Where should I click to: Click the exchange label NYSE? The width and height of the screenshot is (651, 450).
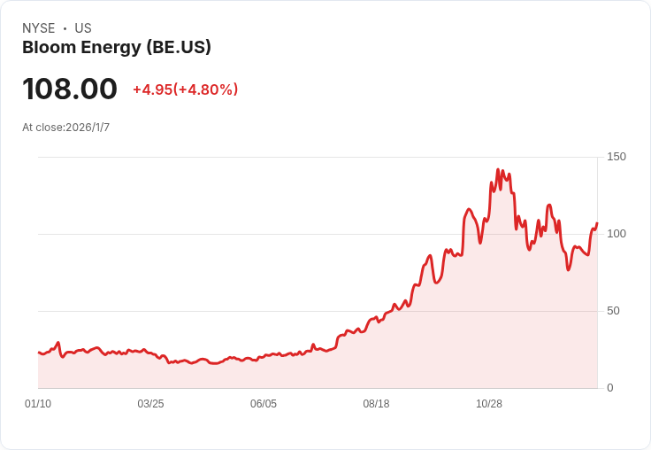point(38,28)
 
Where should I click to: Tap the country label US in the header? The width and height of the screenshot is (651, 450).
point(83,28)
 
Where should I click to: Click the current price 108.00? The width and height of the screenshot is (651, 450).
point(70,89)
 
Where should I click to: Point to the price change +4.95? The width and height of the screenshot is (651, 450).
point(152,89)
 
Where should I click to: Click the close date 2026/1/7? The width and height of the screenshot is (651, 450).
point(88,128)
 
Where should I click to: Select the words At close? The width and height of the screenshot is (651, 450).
point(42,128)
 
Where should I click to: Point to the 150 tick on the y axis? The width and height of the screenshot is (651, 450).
point(617,157)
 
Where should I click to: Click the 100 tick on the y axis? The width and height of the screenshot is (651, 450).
point(617,234)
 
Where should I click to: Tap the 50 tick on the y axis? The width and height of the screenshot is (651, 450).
point(613,311)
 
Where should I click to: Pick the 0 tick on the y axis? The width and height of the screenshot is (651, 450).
point(610,388)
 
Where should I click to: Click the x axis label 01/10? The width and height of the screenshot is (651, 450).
point(38,404)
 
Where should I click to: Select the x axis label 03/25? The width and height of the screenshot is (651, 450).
point(150,404)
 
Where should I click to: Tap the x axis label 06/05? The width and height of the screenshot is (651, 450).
point(264,404)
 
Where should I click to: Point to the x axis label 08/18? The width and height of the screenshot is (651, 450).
point(376,404)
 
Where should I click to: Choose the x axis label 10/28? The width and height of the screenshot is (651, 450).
point(489,404)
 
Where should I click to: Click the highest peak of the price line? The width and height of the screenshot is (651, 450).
point(498,169)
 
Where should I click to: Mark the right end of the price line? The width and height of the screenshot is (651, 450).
point(597,223)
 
